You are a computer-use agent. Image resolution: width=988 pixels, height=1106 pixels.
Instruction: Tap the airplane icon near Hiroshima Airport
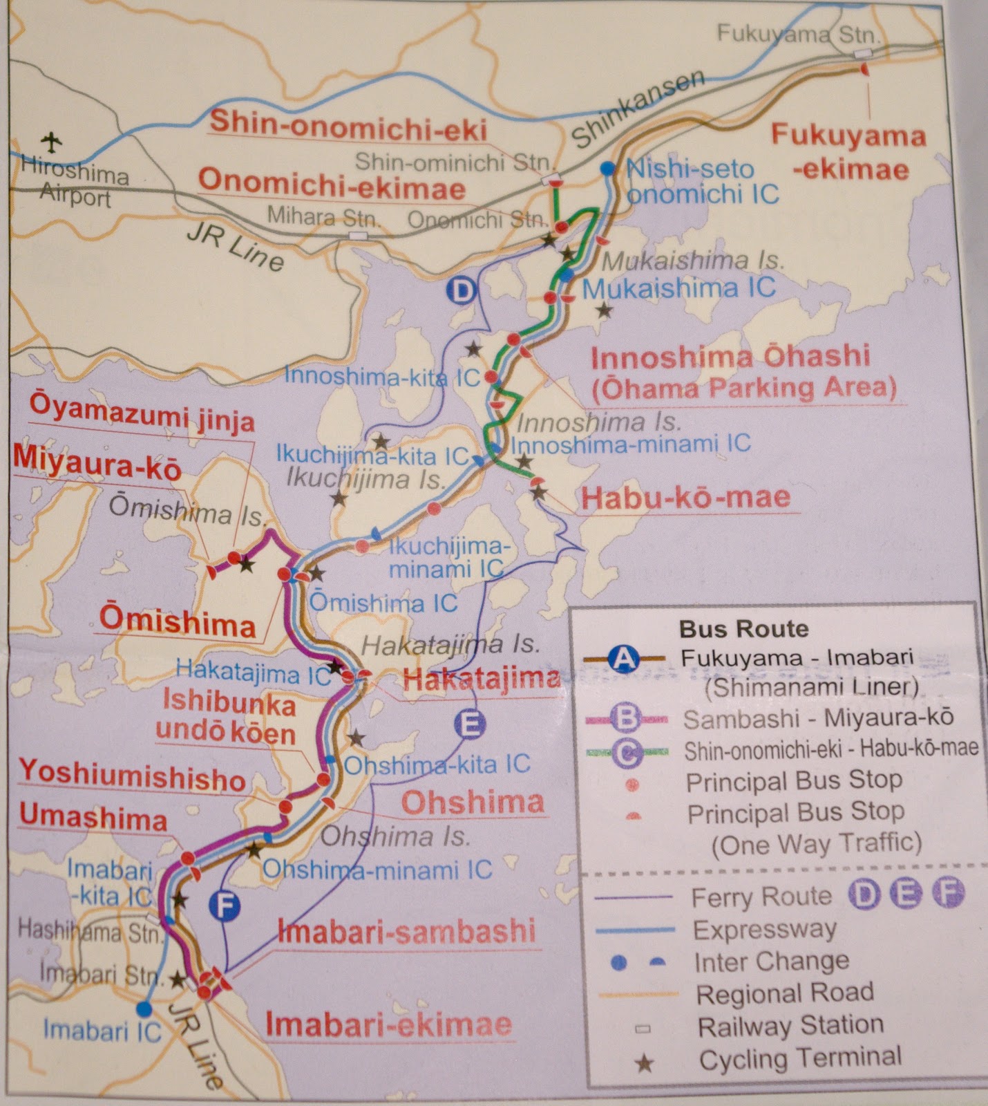[x=50, y=142]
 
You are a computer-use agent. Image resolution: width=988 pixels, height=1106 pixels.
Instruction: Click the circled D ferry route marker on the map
[x=461, y=290]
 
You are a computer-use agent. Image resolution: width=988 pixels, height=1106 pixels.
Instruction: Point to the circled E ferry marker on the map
[x=470, y=725]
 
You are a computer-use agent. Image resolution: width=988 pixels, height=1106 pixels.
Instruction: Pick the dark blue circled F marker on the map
[x=225, y=906]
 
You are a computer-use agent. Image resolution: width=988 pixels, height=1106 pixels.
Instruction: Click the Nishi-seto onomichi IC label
[x=701, y=181]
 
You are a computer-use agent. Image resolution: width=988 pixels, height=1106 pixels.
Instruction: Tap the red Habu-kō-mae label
[x=685, y=498]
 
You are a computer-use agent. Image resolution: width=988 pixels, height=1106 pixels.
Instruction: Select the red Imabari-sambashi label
[x=406, y=931]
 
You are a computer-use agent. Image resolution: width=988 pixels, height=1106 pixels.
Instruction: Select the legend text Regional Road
[x=785, y=993]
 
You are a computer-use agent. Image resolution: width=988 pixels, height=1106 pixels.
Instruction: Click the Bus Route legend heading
[x=744, y=629]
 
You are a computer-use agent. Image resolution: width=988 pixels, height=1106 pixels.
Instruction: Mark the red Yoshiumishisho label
[x=133, y=776]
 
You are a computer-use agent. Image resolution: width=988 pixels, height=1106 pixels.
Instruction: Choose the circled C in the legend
[x=627, y=752]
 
